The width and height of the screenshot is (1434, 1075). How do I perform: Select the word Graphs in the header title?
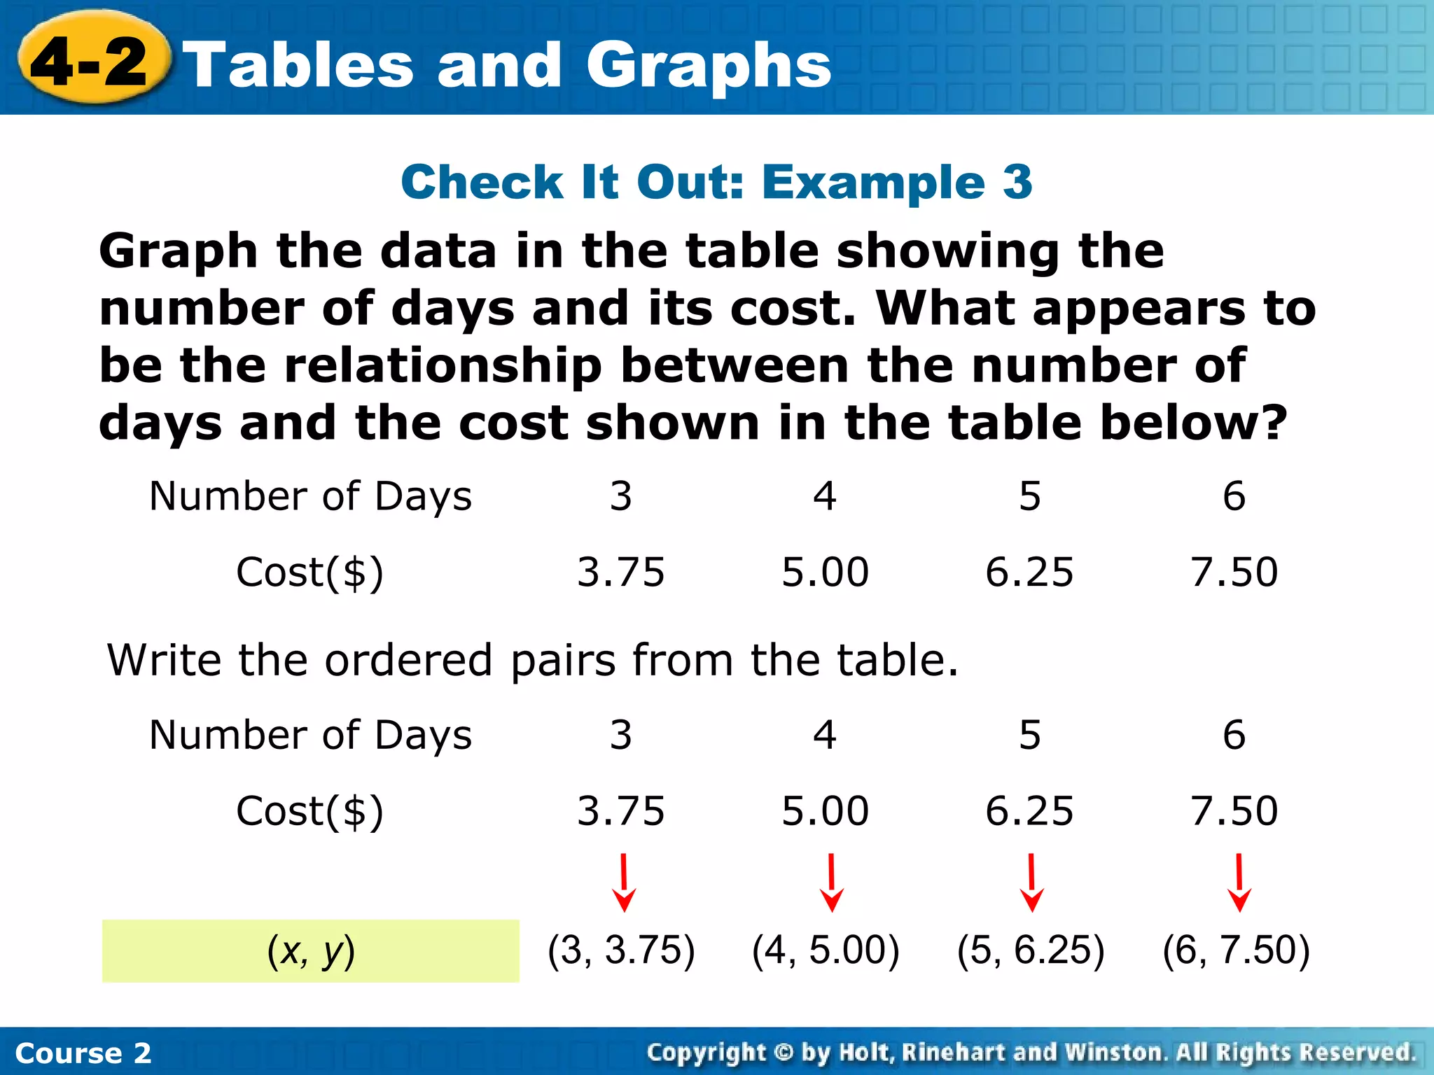click(709, 66)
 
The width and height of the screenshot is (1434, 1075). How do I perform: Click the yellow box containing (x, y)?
click(311, 950)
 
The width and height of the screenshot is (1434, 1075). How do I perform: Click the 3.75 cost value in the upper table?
click(620, 572)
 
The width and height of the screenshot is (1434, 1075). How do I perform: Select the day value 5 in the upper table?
click(1030, 496)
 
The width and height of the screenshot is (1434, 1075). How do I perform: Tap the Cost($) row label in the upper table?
click(309, 572)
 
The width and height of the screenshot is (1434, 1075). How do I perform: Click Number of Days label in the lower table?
click(311, 735)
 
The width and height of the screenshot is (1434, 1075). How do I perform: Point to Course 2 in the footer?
click(83, 1053)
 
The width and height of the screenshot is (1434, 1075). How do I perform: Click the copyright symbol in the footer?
click(784, 1052)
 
